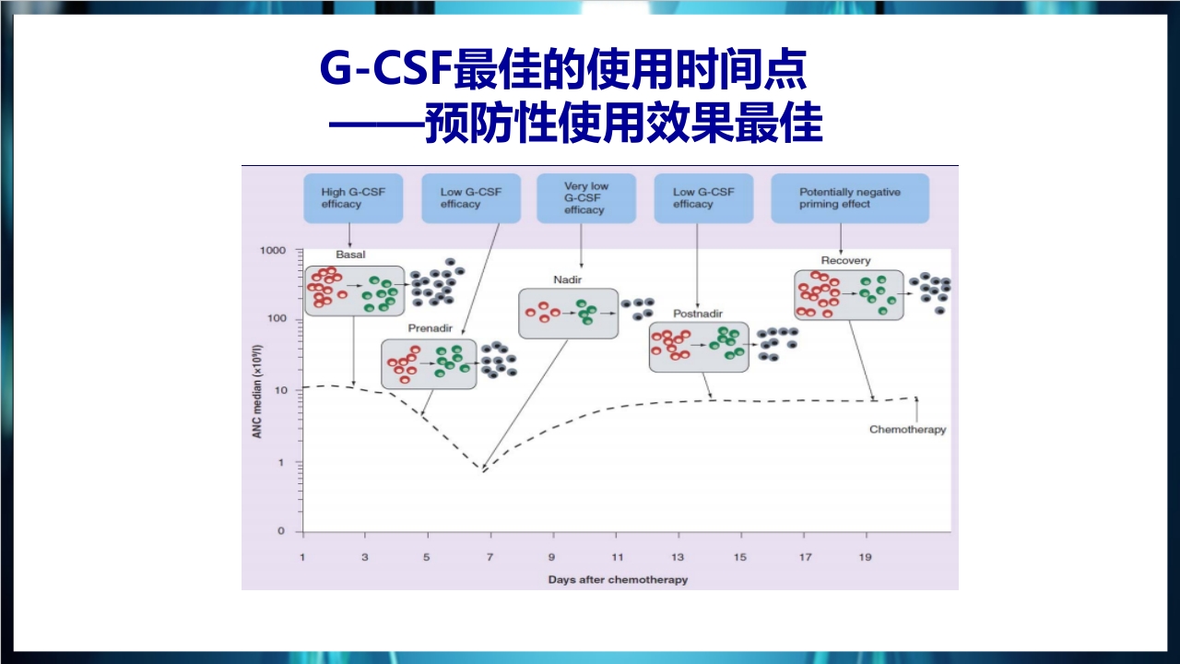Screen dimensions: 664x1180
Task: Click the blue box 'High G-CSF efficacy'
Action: tap(353, 198)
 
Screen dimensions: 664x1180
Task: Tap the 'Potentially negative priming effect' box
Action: tap(849, 198)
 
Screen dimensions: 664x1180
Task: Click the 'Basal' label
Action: tap(350, 255)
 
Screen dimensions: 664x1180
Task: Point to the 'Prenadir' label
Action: tap(428, 327)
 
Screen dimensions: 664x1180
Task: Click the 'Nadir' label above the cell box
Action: tap(568, 279)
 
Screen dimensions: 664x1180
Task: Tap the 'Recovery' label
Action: tap(845, 261)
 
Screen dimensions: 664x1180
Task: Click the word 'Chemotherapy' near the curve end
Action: tap(907, 430)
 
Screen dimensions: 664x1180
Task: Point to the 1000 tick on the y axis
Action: tap(275, 250)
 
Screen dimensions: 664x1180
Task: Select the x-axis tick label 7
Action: tap(490, 557)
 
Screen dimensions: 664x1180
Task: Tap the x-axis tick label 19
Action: tap(866, 557)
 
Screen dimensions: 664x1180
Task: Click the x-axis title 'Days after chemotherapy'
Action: tap(618, 580)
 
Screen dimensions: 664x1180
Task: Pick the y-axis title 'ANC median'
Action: tap(258, 391)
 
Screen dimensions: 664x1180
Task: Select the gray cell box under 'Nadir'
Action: tap(568, 313)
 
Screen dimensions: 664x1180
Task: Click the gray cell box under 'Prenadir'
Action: tap(429, 363)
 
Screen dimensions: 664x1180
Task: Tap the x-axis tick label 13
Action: tap(678, 557)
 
